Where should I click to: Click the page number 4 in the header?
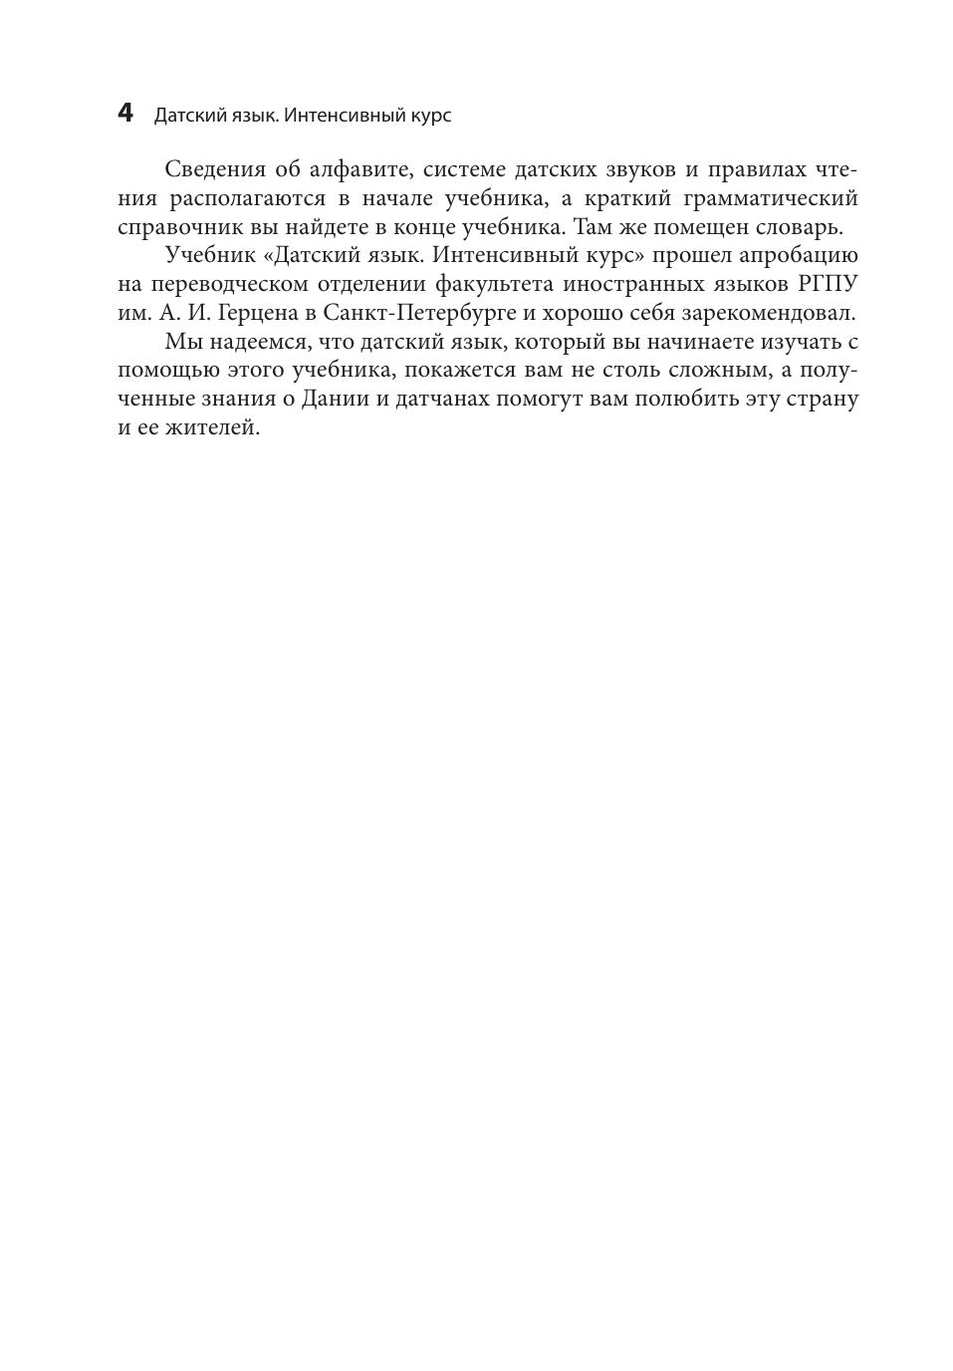tap(124, 114)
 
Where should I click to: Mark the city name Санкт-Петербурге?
tap(419, 313)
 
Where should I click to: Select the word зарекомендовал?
tap(767, 313)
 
